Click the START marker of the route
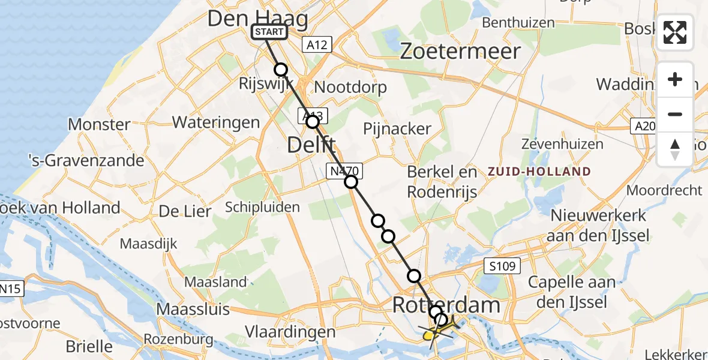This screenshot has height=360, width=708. click(269, 32)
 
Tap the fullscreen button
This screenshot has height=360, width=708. click(675, 32)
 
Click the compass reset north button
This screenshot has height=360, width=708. click(675, 149)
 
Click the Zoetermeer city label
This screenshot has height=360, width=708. click(460, 52)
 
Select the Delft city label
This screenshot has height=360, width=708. click(311, 144)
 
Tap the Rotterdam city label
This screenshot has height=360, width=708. click(446, 305)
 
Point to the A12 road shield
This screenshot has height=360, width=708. click(317, 44)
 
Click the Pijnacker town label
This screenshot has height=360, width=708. click(397, 128)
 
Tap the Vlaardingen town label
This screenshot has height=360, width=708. click(290, 332)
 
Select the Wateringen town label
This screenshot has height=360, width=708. click(216, 122)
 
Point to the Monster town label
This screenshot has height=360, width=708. click(100, 125)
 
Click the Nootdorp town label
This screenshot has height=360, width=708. click(350, 87)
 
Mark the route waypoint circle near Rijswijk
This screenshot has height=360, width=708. click(281, 70)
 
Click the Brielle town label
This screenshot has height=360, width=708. click(89, 346)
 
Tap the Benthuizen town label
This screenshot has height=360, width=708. click(518, 23)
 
